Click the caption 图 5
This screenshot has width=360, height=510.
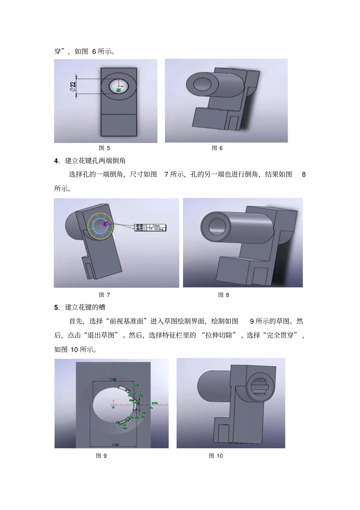104,148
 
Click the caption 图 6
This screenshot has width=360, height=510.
217,148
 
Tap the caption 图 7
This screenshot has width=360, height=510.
104,295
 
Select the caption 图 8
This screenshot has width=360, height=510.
224,295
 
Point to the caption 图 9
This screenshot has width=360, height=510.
101,456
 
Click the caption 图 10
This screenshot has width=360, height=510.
216,456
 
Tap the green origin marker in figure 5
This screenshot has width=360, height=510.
119,90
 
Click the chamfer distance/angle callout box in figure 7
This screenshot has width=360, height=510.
150,227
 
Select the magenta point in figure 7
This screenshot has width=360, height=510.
106,224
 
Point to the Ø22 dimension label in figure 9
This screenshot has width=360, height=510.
113,380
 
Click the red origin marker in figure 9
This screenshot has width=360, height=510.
113,404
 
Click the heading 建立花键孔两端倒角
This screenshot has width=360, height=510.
95,161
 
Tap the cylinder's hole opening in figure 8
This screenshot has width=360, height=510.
216,226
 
